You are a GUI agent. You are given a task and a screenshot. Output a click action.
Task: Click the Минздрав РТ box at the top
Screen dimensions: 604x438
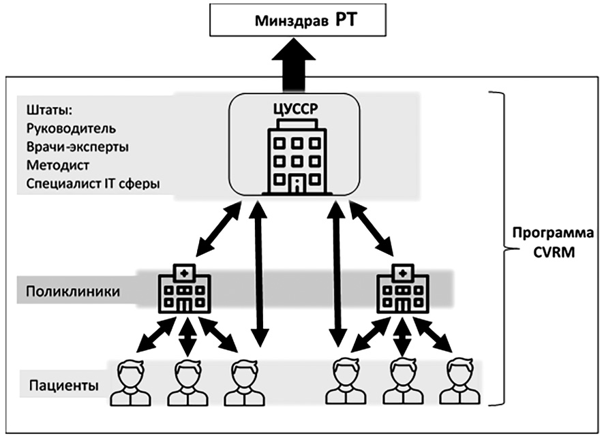297,20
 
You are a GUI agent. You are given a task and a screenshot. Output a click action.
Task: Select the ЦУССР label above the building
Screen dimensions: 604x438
296,109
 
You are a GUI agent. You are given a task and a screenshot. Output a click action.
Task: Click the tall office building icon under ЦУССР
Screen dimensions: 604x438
297,156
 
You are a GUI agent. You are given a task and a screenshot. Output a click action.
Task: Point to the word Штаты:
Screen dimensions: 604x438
49,110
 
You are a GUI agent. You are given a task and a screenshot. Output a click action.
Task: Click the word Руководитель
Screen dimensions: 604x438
71,129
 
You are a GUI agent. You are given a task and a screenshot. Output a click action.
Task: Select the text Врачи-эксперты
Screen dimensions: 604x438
78,147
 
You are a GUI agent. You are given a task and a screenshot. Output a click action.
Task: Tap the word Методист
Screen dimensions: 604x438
58,166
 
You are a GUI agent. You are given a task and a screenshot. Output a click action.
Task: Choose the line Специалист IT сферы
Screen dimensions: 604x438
93,184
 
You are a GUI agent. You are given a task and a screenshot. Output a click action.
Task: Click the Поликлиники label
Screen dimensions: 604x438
73,292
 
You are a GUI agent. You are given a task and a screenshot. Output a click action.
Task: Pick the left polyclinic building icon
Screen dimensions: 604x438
185,288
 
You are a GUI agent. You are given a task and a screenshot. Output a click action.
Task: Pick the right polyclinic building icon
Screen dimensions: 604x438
402,288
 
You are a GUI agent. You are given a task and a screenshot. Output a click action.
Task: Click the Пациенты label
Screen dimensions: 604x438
64,386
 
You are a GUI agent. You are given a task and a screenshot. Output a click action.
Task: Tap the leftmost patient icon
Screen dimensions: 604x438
130,383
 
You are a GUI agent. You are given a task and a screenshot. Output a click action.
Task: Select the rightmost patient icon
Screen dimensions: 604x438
460,381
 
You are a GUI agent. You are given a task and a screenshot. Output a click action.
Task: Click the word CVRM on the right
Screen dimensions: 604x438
554,253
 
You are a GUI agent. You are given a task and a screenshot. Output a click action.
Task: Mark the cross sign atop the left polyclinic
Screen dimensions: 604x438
185,273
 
